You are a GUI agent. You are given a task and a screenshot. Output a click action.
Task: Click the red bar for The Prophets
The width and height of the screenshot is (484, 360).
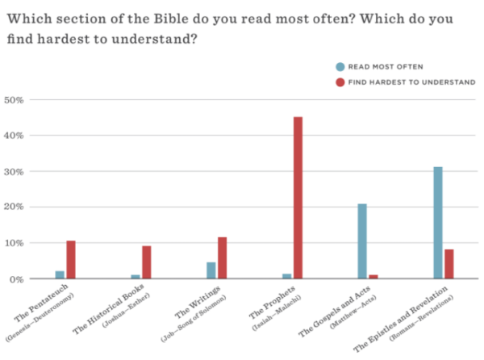(298, 198)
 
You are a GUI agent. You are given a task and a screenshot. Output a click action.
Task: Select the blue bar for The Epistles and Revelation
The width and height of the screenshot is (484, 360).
(438, 223)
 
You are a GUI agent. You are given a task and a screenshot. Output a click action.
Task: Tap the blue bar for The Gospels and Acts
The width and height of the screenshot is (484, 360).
(362, 241)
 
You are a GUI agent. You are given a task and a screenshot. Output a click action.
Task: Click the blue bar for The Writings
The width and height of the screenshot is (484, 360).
(211, 270)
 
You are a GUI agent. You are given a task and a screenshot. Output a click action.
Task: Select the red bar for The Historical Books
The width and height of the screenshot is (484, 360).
(147, 262)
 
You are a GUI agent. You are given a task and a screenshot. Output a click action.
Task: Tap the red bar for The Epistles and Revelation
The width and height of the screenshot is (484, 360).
(450, 264)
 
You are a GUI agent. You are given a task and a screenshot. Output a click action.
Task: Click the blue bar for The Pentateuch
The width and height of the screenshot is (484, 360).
(59, 274)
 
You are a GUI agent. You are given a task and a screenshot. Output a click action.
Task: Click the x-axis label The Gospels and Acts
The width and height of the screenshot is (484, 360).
(343, 310)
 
